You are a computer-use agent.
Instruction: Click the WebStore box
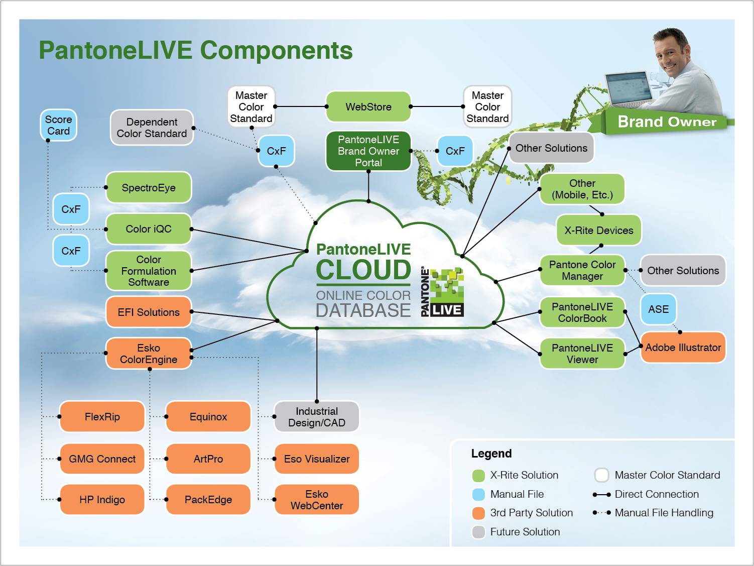(368, 106)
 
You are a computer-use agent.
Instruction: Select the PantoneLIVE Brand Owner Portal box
(368, 151)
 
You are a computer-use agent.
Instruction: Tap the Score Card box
(58, 125)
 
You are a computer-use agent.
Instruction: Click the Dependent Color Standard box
(152, 128)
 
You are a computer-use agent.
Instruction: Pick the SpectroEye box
(148, 187)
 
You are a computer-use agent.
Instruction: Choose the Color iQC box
(148, 229)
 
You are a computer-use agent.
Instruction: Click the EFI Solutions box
(148, 312)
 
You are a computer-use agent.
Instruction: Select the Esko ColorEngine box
(148, 354)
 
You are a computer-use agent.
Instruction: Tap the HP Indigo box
(102, 499)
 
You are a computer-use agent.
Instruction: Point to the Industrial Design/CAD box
(316, 417)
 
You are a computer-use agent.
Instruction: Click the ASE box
(658, 309)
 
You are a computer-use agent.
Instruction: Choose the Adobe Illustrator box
(683, 347)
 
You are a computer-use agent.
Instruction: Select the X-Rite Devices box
(598, 230)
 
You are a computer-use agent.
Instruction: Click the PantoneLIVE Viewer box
(582, 354)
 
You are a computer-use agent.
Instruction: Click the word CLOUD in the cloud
(363, 270)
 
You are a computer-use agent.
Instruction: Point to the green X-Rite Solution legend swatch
(478, 475)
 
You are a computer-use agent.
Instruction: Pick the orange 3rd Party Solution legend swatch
(478, 513)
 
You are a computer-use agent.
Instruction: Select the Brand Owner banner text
(667, 122)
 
